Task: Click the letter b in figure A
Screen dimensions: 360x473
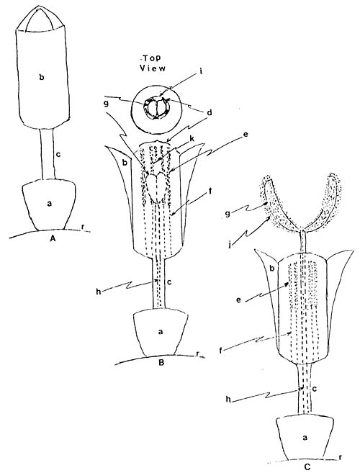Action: click(x=42, y=77)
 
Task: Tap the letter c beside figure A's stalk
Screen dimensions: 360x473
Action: click(x=58, y=155)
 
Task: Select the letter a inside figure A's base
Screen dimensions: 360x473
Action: click(x=50, y=204)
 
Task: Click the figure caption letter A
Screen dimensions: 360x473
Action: click(x=53, y=239)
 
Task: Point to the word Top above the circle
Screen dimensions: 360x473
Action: click(x=152, y=58)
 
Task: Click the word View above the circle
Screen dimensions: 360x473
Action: click(x=153, y=68)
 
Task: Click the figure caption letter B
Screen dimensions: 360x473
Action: click(x=161, y=363)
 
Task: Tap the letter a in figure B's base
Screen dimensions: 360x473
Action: click(x=161, y=332)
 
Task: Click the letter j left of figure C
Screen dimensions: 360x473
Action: click(x=230, y=244)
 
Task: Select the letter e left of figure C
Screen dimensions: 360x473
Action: click(x=239, y=301)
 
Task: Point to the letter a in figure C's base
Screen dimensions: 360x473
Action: click(x=305, y=437)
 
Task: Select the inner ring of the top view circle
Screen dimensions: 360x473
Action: click(x=156, y=98)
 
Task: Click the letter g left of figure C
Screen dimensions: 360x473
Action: click(x=228, y=214)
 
